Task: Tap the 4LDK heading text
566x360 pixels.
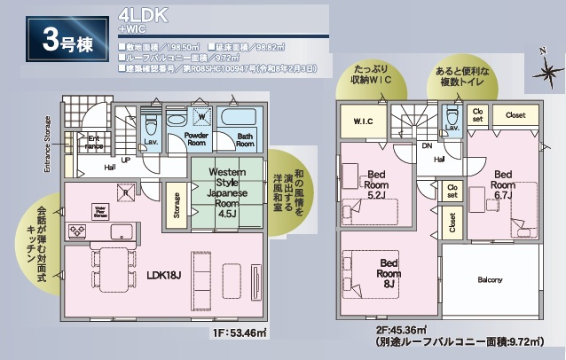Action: click(x=140, y=15)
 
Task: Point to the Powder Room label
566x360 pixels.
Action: click(x=197, y=140)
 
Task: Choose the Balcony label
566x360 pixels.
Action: click(x=490, y=280)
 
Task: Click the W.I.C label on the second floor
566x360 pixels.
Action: click(x=362, y=121)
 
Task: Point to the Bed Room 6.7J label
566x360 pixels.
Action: click(x=504, y=184)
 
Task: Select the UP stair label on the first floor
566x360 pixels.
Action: click(x=125, y=160)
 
